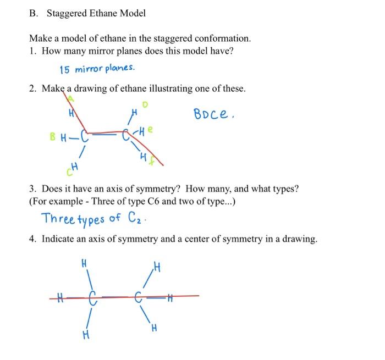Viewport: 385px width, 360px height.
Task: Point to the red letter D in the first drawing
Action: (146, 104)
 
